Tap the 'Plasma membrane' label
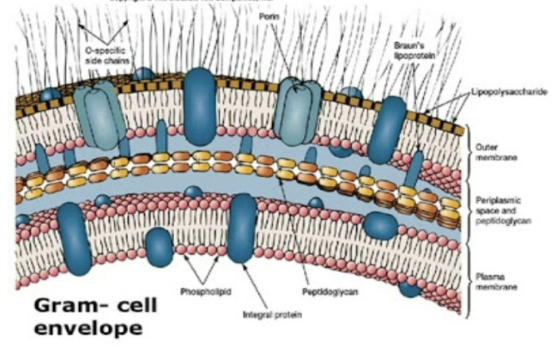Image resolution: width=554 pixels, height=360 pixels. point(491,281)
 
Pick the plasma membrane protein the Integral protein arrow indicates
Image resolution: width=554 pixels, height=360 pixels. point(242,228)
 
